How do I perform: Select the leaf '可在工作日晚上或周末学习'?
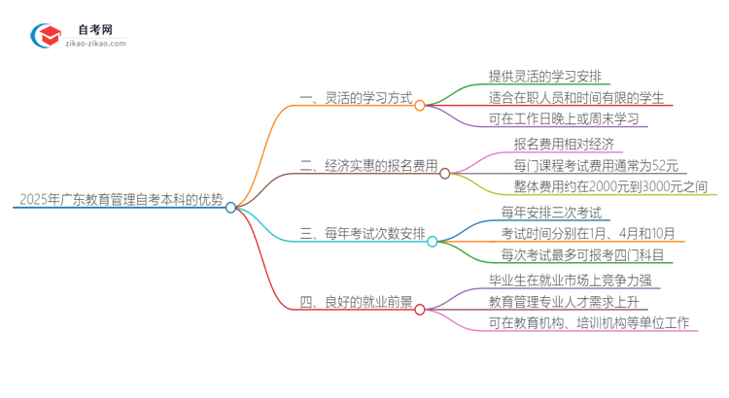(x=564, y=119)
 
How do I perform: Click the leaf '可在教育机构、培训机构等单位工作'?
(x=590, y=323)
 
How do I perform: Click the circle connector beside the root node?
(x=231, y=207)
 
